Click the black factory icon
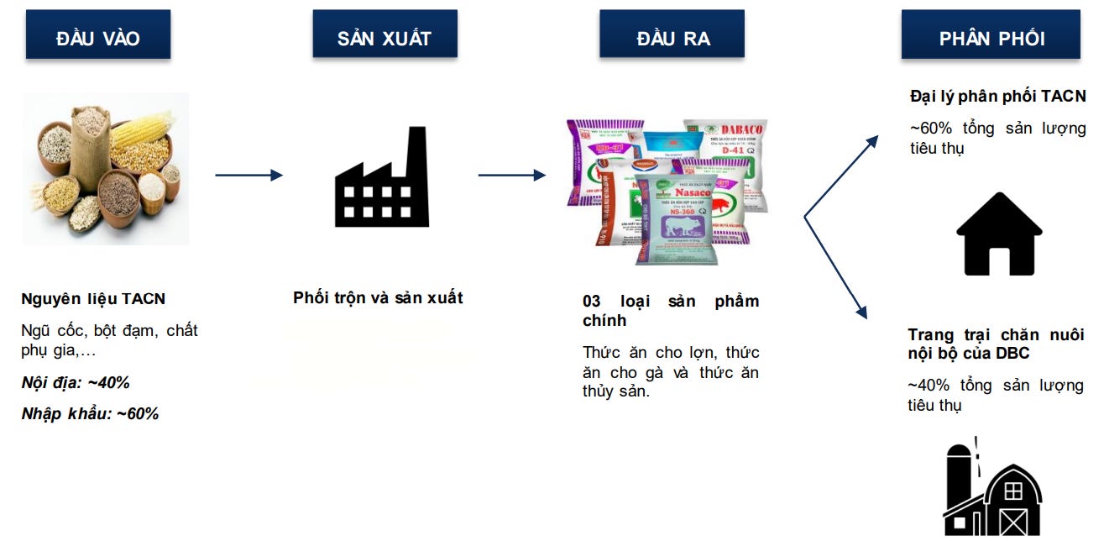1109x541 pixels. coord(381,178)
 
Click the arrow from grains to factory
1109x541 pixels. coord(248,176)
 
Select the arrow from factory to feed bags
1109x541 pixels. coord(511,176)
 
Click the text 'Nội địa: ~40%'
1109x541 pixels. coord(76,383)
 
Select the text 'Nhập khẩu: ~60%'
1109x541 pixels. coord(90,413)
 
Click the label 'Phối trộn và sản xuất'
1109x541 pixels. coord(378,297)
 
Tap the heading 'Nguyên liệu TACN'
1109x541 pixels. coord(93,299)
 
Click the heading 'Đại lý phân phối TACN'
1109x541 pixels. coord(997,97)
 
